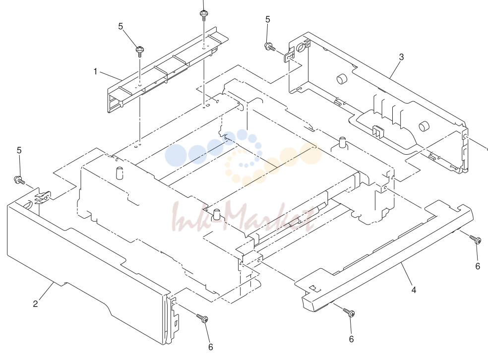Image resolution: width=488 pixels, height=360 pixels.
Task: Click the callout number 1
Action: (95, 71)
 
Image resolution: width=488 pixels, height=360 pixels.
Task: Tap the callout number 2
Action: (36, 303)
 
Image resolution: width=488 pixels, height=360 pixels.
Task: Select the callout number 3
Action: (402, 57)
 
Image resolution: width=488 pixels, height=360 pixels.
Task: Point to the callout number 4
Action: (414, 290)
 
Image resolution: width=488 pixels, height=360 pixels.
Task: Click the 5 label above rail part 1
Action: (121, 26)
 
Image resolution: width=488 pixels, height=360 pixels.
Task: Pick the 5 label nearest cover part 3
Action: (268, 20)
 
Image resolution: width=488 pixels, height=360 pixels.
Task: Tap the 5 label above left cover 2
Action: (19, 151)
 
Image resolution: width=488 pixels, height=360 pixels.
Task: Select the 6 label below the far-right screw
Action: (478, 266)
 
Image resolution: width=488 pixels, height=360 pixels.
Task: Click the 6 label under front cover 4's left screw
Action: (352, 339)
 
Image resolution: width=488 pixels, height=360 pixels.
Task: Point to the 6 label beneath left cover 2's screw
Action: (211, 347)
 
